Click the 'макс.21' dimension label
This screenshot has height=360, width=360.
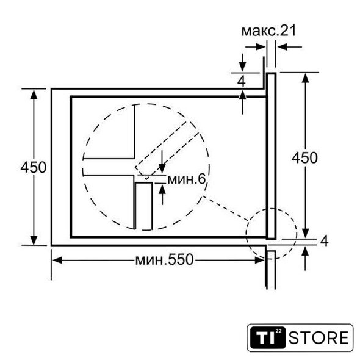269,31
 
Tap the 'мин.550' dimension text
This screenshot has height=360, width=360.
164,260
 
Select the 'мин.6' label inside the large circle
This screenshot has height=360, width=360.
187,179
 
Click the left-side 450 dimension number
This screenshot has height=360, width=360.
34,167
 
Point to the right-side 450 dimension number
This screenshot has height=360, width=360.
304,157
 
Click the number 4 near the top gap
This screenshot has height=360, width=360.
241,81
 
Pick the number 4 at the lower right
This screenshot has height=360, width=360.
324,241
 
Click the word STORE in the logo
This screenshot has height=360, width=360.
319,337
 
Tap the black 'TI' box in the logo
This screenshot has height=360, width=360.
268,337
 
